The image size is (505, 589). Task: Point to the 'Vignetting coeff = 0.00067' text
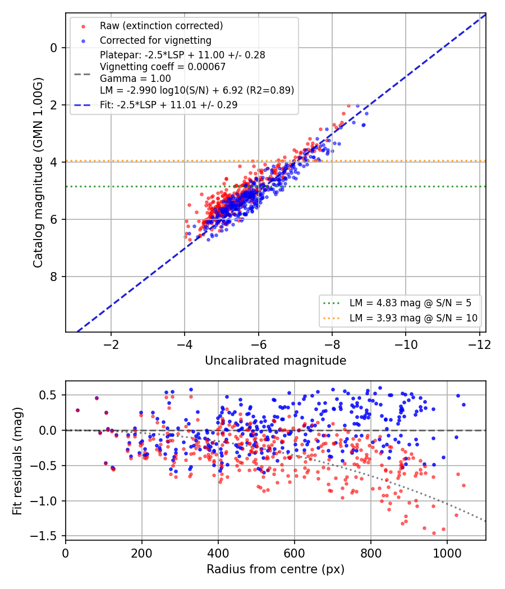[x=163, y=67]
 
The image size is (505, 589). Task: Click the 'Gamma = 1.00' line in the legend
[x=135, y=79]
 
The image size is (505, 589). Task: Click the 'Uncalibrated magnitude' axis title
[x=276, y=361]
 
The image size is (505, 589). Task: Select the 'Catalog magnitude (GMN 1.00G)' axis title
[x=38, y=173]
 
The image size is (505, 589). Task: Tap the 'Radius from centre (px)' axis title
[x=276, y=569]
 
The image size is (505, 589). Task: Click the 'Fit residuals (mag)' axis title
[x=17, y=461]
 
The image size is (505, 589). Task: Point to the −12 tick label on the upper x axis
[x=479, y=344]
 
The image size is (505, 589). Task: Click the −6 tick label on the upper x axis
[x=258, y=344]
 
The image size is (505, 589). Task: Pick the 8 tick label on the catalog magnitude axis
[x=54, y=277]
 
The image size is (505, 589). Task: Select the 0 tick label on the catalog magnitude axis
[x=54, y=48]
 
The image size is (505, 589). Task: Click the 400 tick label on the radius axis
[x=218, y=553]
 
